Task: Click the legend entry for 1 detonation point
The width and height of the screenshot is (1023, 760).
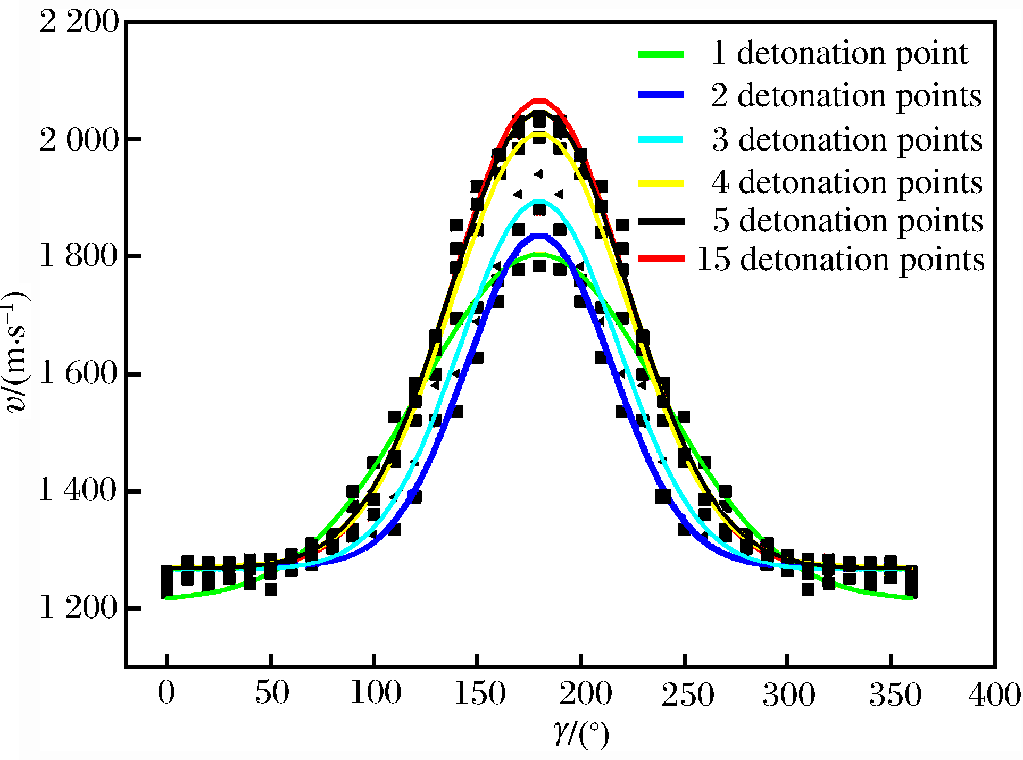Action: pyautogui.click(x=839, y=54)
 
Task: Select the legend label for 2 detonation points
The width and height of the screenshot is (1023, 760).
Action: pyautogui.click(x=846, y=96)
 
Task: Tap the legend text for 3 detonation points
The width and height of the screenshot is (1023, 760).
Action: pyautogui.click(x=847, y=140)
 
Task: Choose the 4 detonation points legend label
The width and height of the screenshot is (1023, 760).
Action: pyautogui.click(x=847, y=183)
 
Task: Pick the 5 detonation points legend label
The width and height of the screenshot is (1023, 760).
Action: pyautogui.click(x=848, y=221)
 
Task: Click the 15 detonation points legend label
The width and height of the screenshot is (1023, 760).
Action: pyautogui.click(x=841, y=260)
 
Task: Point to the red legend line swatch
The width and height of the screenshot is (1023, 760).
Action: pyautogui.click(x=661, y=259)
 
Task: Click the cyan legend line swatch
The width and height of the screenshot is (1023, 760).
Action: pyautogui.click(x=661, y=139)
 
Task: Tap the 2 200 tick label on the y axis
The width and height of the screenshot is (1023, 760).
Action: pyautogui.click(x=79, y=23)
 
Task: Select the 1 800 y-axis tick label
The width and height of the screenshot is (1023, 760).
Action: pyautogui.click(x=79, y=256)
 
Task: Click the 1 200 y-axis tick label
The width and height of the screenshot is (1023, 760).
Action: pyautogui.click(x=79, y=608)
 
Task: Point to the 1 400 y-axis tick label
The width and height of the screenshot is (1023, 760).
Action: pyautogui.click(x=79, y=490)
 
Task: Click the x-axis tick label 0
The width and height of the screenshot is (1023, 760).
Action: pyautogui.click(x=167, y=694)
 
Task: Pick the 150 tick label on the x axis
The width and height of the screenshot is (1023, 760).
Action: pyautogui.click(x=479, y=694)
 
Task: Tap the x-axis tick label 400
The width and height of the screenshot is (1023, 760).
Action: pyautogui.click(x=994, y=695)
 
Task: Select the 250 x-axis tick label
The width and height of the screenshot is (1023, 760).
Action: pyautogui.click(x=687, y=695)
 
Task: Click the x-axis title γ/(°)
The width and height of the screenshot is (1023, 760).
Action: pyautogui.click(x=580, y=734)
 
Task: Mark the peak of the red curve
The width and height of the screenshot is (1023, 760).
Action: pyautogui.click(x=539, y=101)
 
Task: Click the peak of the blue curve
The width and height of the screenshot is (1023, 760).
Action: pyautogui.click(x=539, y=236)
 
